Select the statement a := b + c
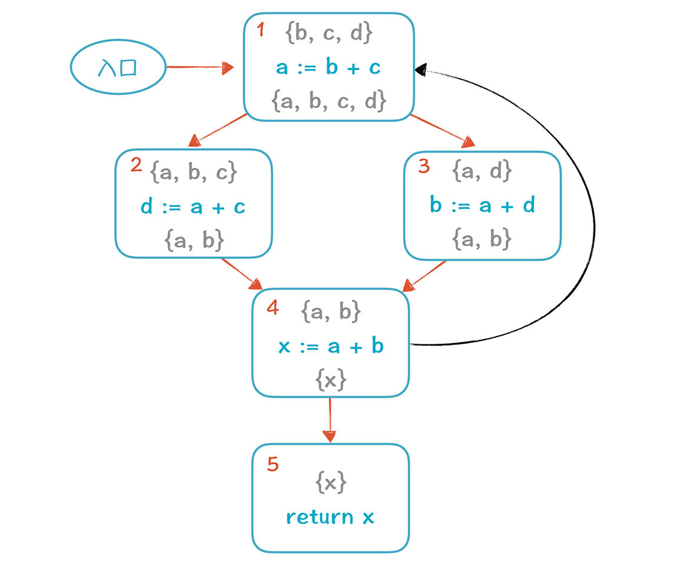click(x=328, y=67)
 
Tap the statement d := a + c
click(x=193, y=207)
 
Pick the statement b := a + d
click(x=483, y=205)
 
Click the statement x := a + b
click(x=331, y=346)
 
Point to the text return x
click(x=330, y=517)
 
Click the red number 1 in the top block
click(x=260, y=30)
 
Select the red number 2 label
click(x=136, y=165)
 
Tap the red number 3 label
click(x=424, y=166)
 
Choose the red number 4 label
click(x=272, y=308)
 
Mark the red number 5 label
click(x=272, y=464)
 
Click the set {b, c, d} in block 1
click(x=329, y=33)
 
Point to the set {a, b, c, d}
click(x=329, y=101)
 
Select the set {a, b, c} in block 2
click(x=193, y=172)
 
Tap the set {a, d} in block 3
click(x=482, y=171)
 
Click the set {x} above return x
click(x=331, y=483)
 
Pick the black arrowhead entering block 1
click(x=421, y=70)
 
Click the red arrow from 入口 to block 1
click(x=200, y=67)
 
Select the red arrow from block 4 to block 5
click(x=329, y=420)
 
